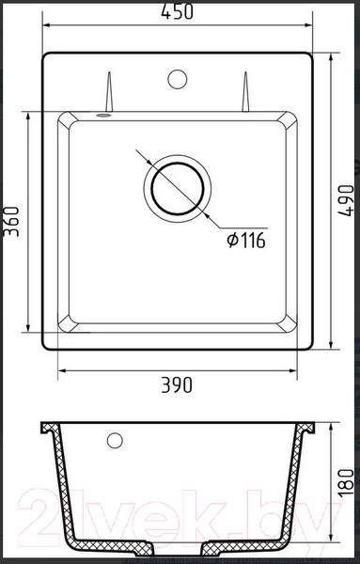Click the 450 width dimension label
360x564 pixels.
[177, 11]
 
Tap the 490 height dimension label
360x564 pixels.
[346, 200]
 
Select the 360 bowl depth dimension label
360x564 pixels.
[10, 221]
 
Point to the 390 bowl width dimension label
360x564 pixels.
[177, 384]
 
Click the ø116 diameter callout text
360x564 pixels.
[246, 241]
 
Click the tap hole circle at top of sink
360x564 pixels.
[178, 79]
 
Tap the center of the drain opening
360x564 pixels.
[178, 189]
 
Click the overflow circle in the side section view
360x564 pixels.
[115, 440]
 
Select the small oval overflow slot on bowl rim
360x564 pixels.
[103, 115]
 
